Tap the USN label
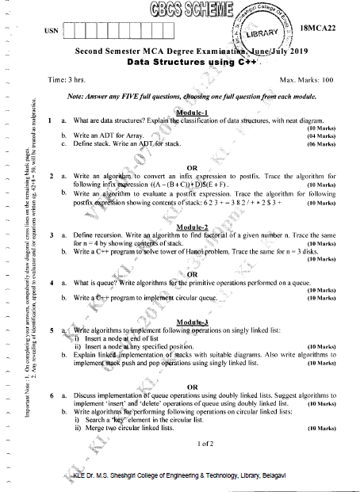point(54,32)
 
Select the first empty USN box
point(69,32)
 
